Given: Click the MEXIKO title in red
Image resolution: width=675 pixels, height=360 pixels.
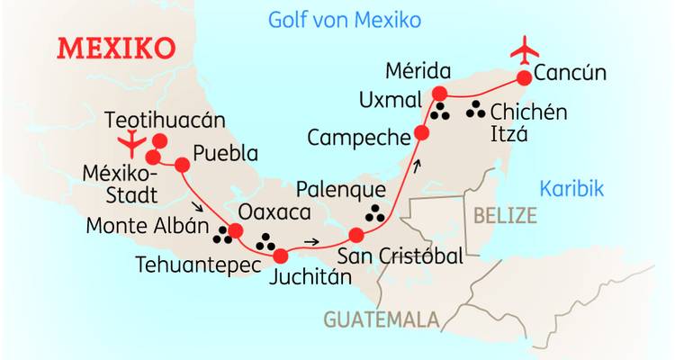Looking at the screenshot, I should click(x=116, y=48).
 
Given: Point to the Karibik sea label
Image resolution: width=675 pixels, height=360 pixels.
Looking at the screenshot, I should click(x=571, y=189).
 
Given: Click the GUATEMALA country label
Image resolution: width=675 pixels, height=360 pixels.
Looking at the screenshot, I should click(x=382, y=319).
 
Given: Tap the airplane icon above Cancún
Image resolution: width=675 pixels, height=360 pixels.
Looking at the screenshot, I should click(x=525, y=49).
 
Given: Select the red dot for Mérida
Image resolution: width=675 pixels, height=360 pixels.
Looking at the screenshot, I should click(x=440, y=94).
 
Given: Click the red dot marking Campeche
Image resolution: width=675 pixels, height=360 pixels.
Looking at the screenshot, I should click(x=421, y=135).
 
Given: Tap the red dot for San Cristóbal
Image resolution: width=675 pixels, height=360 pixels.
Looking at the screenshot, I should click(x=356, y=236).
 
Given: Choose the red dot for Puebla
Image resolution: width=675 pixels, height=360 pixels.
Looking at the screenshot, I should click(x=182, y=165).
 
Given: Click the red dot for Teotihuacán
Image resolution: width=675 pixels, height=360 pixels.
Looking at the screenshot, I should click(x=160, y=140).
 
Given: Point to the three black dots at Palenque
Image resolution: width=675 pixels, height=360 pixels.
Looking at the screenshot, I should click(x=373, y=214).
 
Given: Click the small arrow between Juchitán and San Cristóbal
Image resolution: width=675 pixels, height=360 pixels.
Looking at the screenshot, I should click(x=311, y=241).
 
